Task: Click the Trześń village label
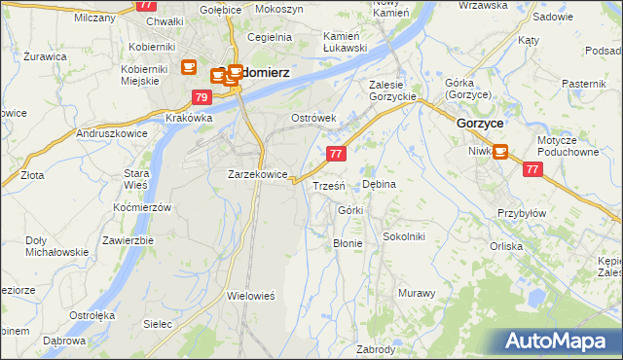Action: click(x=328, y=186)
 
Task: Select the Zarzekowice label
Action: click(x=257, y=175)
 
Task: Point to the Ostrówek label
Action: click(x=313, y=119)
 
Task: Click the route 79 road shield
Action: click(x=202, y=97)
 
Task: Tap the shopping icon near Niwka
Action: click(x=500, y=152)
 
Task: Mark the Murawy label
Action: click(x=416, y=293)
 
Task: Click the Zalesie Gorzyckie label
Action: click(x=393, y=90)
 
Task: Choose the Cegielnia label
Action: click(x=271, y=37)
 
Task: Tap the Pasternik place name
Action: click(x=584, y=85)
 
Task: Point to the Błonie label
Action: click(x=348, y=243)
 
